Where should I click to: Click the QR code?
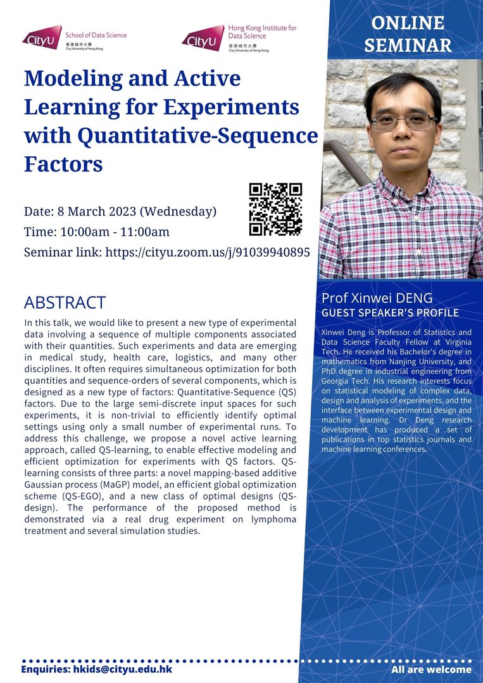[275, 209]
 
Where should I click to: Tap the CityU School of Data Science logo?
[75, 38]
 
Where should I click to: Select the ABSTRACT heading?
[65, 302]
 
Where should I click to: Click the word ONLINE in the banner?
[408, 23]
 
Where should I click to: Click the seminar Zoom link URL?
[208, 252]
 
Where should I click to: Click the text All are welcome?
[431, 670]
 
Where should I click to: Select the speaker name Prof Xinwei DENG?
[377, 298]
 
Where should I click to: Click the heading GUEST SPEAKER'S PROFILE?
[390, 313]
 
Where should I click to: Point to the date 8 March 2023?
[97, 211]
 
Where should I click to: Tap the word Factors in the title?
[64, 164]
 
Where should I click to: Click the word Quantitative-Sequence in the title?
[198, 136]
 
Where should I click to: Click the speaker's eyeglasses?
[403, 121]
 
